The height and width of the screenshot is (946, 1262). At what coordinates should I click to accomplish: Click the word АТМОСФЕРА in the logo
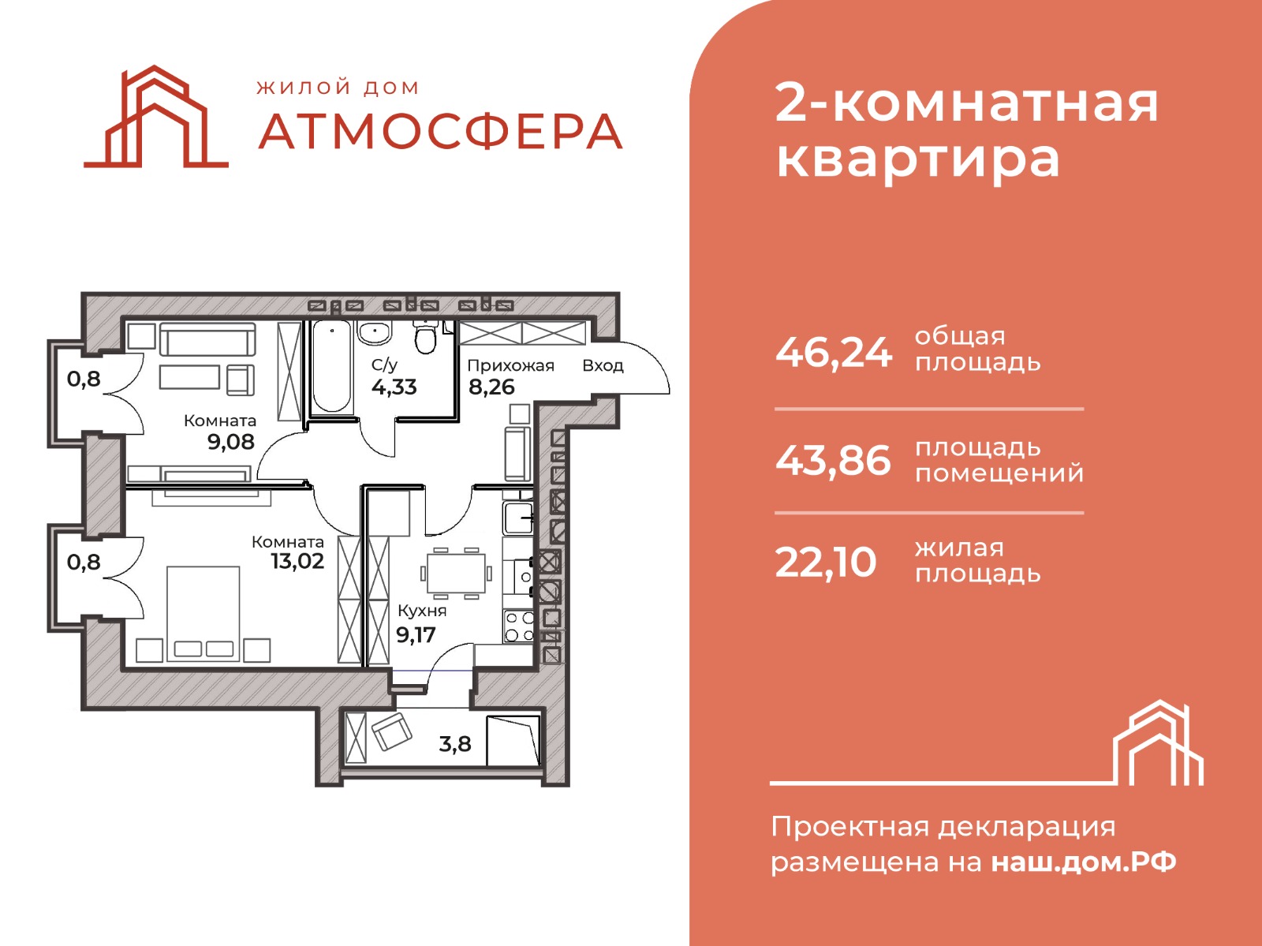click(x=440, y=132)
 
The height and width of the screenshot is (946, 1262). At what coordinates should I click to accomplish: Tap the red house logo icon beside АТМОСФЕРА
click(x=156, y=117)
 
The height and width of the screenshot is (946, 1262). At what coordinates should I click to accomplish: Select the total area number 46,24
click(x=834, y=353)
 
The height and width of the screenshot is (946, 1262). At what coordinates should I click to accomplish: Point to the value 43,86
click(x=833, y=462)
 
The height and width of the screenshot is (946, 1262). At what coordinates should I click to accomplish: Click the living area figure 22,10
click(x=826, y=563)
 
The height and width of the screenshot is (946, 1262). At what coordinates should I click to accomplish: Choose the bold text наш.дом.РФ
click(x=1084, y=862)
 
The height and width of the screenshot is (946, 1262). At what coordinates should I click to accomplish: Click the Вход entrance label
click(x=603, y=366)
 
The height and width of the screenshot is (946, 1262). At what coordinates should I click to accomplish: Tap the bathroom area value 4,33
click(x=394, y=387)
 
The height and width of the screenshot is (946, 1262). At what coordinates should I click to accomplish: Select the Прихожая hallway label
click(x=510, y=366)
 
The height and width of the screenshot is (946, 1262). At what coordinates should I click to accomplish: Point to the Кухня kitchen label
click(x=422, y=611)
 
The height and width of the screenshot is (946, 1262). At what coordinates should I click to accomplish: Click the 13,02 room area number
click(x=297, y=561)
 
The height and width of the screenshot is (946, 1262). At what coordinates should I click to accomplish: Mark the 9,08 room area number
click(x=230, y=442)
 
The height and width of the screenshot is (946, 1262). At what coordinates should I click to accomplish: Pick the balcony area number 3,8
click(x=455, y=744)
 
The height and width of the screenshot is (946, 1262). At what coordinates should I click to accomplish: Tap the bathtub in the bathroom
click(x=332, y=366)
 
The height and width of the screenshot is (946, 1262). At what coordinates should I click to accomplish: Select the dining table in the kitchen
click(x=456, y=573)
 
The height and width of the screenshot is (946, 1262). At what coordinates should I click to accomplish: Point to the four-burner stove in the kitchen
click(x=518, y=626)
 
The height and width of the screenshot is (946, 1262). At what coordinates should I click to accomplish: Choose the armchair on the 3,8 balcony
click(x=392, y=731)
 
